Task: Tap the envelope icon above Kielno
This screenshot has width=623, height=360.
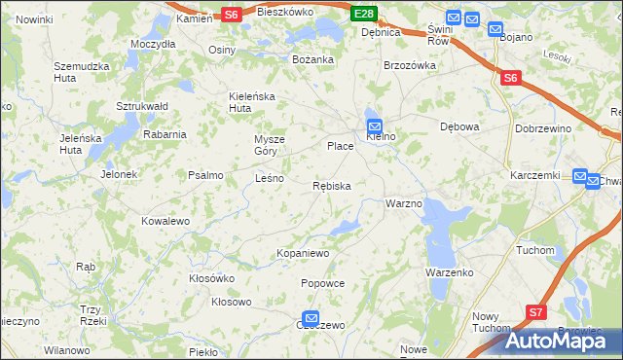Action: [375, 125]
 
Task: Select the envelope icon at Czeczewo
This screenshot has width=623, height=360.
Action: [311, 318]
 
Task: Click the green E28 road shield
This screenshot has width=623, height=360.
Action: [364, 13]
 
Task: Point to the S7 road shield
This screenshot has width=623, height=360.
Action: [536, 311]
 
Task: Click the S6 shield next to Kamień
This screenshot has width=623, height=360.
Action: [230, 14]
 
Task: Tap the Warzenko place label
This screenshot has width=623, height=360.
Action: [449, 272]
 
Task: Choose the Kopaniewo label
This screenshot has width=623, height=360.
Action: [304, 253]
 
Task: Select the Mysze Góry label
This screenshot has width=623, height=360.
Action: [271, 144]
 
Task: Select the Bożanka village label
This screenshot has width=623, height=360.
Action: [313, 59]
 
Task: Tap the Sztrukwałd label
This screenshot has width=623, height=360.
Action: [143, 105]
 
